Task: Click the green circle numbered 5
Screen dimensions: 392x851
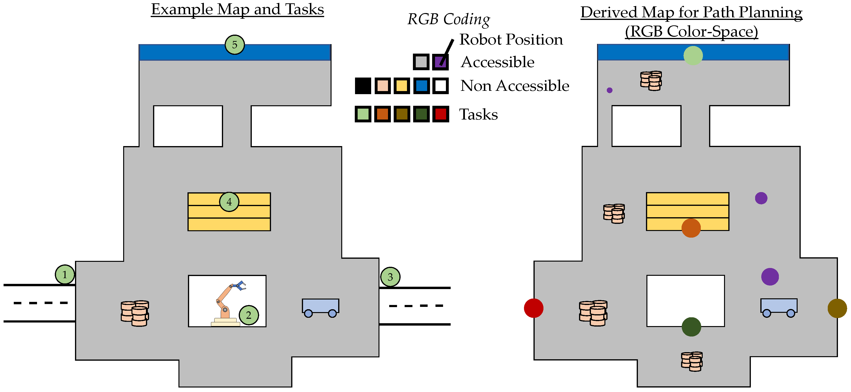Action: coord(234,45)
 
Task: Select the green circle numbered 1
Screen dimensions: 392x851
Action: coord(65,274)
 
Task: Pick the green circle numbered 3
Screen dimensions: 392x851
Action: coord(390,277)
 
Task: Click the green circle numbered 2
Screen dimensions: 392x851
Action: coord(249,315)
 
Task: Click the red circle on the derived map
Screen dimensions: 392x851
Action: coord(533,308)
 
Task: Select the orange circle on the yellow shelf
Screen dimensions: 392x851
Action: coord(691,228)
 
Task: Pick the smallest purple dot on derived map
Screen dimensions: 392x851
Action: coord(609,90)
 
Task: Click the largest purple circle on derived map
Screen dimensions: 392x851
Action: coord(770,277)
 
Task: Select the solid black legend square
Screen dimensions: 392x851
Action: coord(363,86)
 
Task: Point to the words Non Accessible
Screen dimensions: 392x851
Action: coord(515,86)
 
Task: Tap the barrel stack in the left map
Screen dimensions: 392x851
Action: coord(135,313)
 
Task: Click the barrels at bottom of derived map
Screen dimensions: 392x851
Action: coord(692,361)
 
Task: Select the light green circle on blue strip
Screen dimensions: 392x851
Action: coord(693,55)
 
